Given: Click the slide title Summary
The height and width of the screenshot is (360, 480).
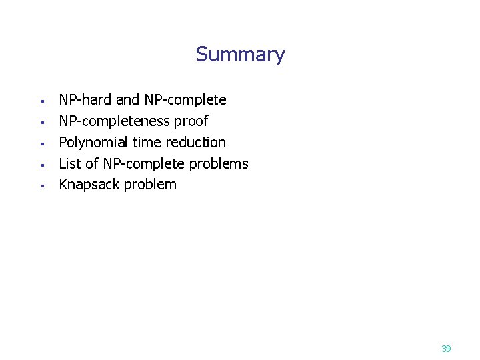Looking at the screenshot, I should [x=240, y=54].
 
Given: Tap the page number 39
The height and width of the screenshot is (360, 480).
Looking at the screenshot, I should [x=446, y=349].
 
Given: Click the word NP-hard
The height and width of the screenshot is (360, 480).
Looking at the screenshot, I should [x=85, y=100].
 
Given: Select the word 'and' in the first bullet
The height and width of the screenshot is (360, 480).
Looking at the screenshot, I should [x=128, y=100].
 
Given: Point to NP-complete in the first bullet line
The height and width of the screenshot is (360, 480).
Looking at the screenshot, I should [x=185, y=100].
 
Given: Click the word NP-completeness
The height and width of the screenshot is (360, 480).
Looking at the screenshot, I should [x=114, y=121].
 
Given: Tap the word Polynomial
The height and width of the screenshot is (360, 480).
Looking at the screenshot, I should [x=93, y=143].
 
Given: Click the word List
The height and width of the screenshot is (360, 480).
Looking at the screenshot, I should [x=69, y=164].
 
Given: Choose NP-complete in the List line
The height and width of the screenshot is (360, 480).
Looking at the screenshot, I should [x=143, y=164].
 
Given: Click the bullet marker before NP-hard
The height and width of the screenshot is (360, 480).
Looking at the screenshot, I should [x=41, y=102].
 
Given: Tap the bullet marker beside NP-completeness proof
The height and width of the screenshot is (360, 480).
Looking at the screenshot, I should [x=41, y=123].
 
